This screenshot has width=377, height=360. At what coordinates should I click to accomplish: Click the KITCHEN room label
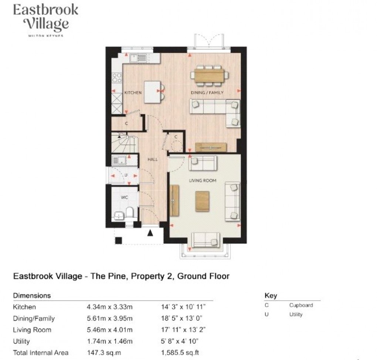133,92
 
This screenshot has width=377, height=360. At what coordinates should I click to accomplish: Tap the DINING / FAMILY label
207,92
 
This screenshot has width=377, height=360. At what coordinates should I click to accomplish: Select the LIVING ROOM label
203,181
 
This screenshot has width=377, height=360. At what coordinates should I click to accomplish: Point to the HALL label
152,159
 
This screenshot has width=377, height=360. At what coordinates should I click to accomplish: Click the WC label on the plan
125,198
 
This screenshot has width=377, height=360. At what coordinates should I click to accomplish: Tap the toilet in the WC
129,213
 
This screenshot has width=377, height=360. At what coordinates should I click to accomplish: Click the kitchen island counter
152,92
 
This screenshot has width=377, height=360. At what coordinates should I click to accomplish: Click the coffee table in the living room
202,201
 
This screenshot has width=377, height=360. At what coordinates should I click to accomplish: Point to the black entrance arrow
150,233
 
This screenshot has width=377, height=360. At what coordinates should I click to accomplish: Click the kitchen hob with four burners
117,77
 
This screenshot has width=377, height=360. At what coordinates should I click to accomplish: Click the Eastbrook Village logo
45,19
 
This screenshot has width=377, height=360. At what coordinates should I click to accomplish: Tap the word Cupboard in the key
301,305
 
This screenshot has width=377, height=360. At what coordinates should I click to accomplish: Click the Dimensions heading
32,296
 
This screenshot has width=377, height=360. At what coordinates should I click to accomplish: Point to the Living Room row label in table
32,330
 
